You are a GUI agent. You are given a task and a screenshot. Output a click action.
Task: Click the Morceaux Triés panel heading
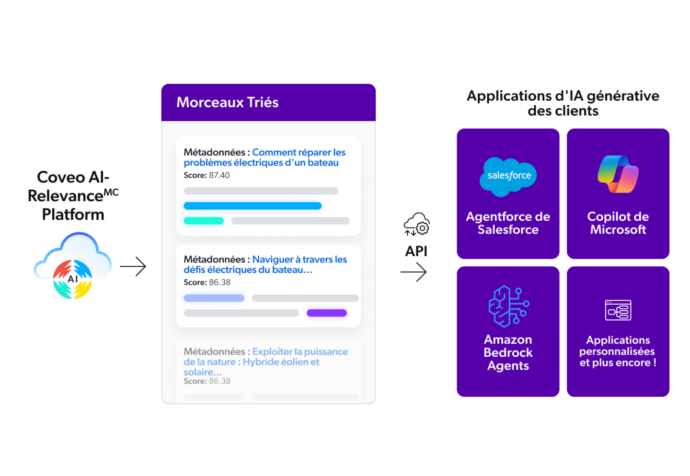227,102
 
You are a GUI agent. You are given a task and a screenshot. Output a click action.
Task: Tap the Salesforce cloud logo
508,177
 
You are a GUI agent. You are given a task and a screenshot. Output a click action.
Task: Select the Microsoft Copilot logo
618,174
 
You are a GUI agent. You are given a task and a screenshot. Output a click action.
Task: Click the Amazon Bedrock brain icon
508,306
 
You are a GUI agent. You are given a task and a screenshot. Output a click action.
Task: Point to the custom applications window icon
618,310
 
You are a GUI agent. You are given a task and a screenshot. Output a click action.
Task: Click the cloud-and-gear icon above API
417,224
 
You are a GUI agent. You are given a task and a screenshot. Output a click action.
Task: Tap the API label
416,251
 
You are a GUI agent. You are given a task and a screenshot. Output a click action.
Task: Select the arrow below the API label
414,272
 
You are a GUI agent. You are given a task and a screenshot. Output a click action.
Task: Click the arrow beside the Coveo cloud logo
133,266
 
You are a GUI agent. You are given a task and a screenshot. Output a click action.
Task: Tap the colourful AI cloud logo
73,265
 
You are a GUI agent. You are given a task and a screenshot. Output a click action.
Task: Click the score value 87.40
219,175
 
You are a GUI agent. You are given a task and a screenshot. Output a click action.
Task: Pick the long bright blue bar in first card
253,205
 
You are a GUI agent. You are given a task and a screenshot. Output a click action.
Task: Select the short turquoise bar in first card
204,221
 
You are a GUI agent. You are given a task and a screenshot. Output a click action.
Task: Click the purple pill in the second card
327,313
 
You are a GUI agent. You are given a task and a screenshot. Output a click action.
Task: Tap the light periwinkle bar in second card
214,298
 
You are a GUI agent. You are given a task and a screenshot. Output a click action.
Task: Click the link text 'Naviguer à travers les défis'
265,264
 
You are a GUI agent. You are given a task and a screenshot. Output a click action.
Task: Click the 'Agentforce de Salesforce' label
508,223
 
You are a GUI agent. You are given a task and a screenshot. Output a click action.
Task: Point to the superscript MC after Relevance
111,193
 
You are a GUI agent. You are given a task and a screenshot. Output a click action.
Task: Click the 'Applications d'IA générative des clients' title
563,103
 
